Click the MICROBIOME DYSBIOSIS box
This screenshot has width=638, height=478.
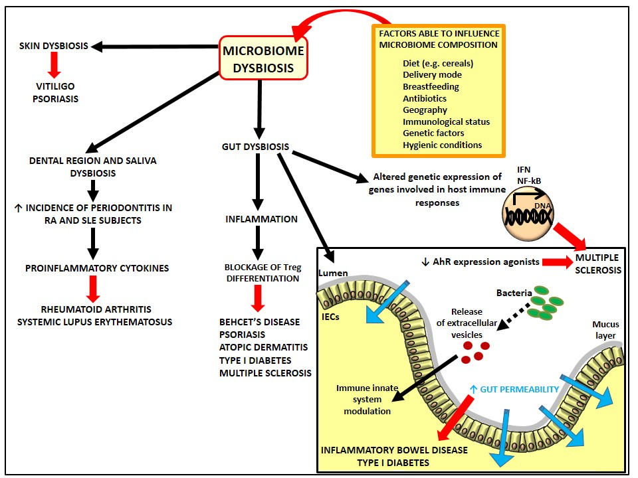pos(263,58)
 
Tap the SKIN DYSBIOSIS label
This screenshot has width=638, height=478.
pos(54,46)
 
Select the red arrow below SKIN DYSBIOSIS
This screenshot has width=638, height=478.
pos(54,65)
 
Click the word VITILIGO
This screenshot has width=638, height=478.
pos(55,86)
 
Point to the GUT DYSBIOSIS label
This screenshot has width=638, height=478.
pos(255,147)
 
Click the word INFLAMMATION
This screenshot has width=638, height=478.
pos(262,219)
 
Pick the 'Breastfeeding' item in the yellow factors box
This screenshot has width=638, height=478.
pos(431,86)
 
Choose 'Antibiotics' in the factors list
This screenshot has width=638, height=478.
pos(425,98)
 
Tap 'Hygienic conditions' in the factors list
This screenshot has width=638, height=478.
pos(443,145)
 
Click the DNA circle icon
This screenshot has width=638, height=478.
pos(528,214)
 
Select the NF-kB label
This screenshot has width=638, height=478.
pos(529,181)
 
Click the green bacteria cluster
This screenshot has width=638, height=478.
pos(544,302)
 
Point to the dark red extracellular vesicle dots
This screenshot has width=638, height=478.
pos(475,352)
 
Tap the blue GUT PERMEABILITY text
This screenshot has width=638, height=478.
pos(514,390)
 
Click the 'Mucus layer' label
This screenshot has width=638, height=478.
pos(605,330)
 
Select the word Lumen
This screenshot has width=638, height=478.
pos(333,273)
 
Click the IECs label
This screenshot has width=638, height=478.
pos(330,317)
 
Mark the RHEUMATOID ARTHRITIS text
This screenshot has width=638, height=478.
pos(96,309)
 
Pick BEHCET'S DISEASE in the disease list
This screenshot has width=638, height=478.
pos(260,322)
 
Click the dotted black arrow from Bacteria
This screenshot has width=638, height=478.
pos(514,316)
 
